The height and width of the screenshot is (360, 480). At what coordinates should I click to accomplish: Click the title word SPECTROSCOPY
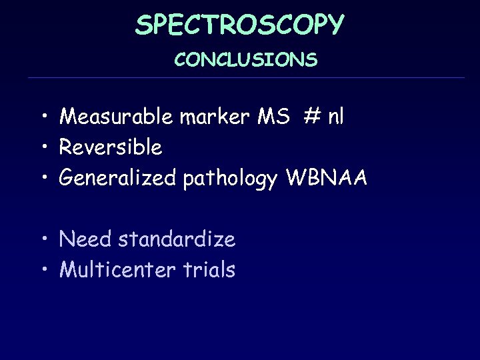click(x=240, y=25)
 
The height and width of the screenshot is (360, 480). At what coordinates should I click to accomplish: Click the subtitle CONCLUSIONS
click(x=246, y=61)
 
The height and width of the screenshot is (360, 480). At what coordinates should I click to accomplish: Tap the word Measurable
click(x=117, y=117)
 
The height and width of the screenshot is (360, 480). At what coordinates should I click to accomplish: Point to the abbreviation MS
click(x=273, y=117)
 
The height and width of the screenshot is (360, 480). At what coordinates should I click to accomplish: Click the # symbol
click(x=311, y=117)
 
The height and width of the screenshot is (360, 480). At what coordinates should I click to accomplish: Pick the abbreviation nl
click(x=335, y=117)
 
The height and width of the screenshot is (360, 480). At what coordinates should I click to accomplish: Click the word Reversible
click(x=111, y=147)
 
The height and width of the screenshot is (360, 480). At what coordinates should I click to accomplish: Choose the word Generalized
click(x=118, y=179)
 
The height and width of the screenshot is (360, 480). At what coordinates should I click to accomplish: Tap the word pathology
click(x=230, y=179)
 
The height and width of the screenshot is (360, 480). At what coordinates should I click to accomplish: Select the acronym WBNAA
click(x=326, y=179)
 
